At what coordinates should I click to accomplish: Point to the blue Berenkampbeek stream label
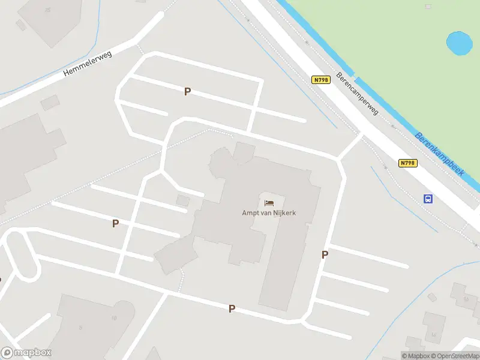point(440,154)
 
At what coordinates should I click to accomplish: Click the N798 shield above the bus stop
point(407,163)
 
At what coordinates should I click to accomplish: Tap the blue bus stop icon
point(428,199)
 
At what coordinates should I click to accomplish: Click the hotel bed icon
point(269,203)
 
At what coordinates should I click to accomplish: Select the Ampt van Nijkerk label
point(269,213)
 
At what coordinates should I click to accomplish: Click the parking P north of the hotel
point(187,91)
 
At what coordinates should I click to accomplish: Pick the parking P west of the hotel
point(115,223)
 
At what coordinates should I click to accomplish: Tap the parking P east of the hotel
point(325,254)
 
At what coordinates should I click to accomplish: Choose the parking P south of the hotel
point(232,308)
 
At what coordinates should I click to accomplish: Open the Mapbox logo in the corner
point(26,353)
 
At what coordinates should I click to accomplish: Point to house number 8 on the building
point(80,328)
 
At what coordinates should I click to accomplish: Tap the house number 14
point(434,335)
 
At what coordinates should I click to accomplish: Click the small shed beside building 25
point(21,25)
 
